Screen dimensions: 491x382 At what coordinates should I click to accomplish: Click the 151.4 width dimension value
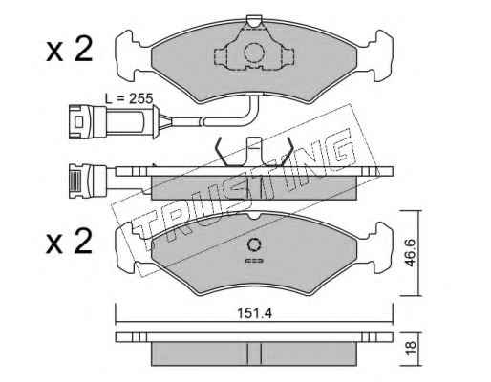pyautogui.click(x=254, y=313)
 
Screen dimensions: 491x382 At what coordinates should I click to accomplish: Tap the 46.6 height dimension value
pyautogui.click(x=410, y=253)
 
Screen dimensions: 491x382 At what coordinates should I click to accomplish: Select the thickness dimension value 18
pyautogui.click(x=411, y=348)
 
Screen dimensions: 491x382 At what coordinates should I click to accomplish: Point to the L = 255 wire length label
pyautogui.click(x=129, y=99)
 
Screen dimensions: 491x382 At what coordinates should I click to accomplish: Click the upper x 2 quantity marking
pyautogui.click(x=69, y=50)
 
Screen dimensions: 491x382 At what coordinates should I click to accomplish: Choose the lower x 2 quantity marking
pyautogui.click(x=69, y=243)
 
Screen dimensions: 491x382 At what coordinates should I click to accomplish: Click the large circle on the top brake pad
pyautogui.click(x=254, y=53)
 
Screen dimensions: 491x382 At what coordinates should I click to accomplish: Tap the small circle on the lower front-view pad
pyautogui.click(x=254, y=244)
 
